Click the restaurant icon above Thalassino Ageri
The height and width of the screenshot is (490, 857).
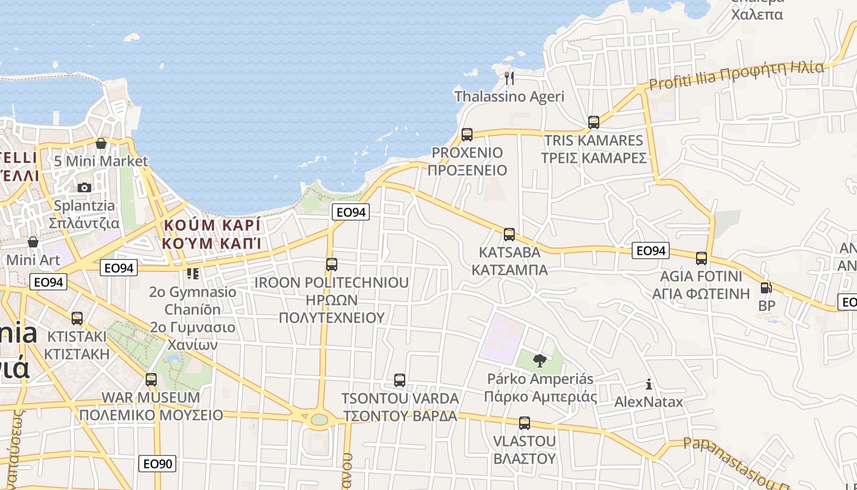[509, 78]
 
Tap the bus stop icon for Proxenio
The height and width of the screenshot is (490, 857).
[467, 134]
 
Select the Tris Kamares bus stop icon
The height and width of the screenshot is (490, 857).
[593, 122]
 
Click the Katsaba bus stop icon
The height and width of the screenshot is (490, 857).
[509, 234]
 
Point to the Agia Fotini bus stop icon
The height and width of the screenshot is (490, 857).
[702, 258]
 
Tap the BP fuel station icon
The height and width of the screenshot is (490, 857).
[765, 287]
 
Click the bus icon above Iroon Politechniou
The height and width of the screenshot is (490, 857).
[332, 265]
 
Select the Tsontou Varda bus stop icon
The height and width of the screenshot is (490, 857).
[400, 380]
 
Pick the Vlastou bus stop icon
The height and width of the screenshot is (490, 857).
[525, 423]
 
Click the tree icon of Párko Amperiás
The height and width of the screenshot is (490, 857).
[539, 360]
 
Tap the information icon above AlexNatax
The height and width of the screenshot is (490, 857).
[649, 385]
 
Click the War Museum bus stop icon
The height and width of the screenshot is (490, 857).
[151, 379]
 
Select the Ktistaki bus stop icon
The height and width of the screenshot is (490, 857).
[77, 318]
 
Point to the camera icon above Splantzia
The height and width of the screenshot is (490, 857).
[84, 187]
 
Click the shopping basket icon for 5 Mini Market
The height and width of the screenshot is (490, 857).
[101, 143]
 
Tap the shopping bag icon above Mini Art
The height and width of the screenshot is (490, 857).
[33, 242]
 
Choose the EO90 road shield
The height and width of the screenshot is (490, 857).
[158, 464]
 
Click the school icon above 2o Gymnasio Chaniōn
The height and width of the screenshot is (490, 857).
[193, 273]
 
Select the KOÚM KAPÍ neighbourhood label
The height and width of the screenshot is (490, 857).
[212, 234]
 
